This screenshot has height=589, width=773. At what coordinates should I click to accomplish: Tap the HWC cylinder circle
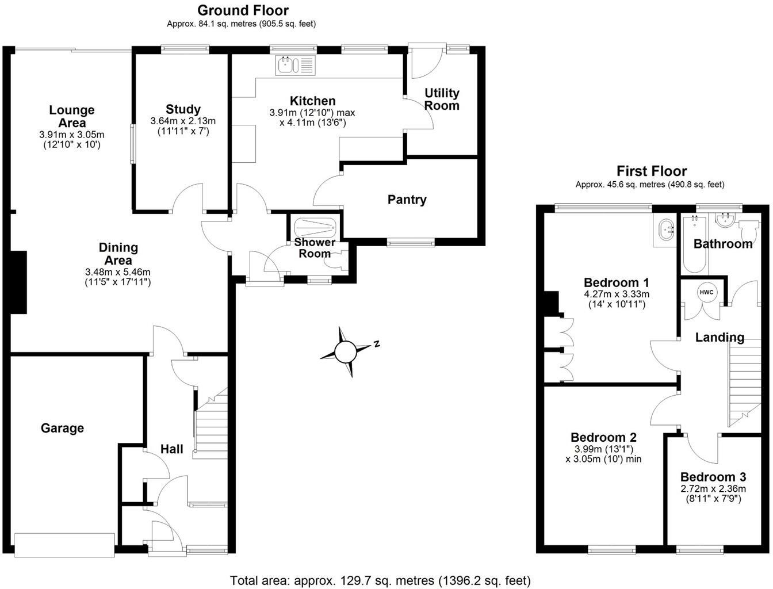point(706,292)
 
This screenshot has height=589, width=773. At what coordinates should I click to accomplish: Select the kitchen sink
point(296,64)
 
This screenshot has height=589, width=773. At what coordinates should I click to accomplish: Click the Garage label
point(62,428)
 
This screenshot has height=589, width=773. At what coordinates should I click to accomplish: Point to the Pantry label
point(407,200)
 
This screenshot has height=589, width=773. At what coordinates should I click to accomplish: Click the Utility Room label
point(442,99)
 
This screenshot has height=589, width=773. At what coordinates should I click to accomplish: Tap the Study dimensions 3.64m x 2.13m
point(183,121)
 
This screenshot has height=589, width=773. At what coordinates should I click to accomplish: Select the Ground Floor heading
point(243,10)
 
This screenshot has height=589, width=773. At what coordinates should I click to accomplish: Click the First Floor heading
point(652,171)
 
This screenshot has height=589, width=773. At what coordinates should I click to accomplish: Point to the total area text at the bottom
point(380,580)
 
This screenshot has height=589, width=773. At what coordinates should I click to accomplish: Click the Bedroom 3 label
point(713,477)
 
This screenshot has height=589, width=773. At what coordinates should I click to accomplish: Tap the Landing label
point(720,337)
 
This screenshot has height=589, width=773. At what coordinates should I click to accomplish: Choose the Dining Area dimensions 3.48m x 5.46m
point(118,271)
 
